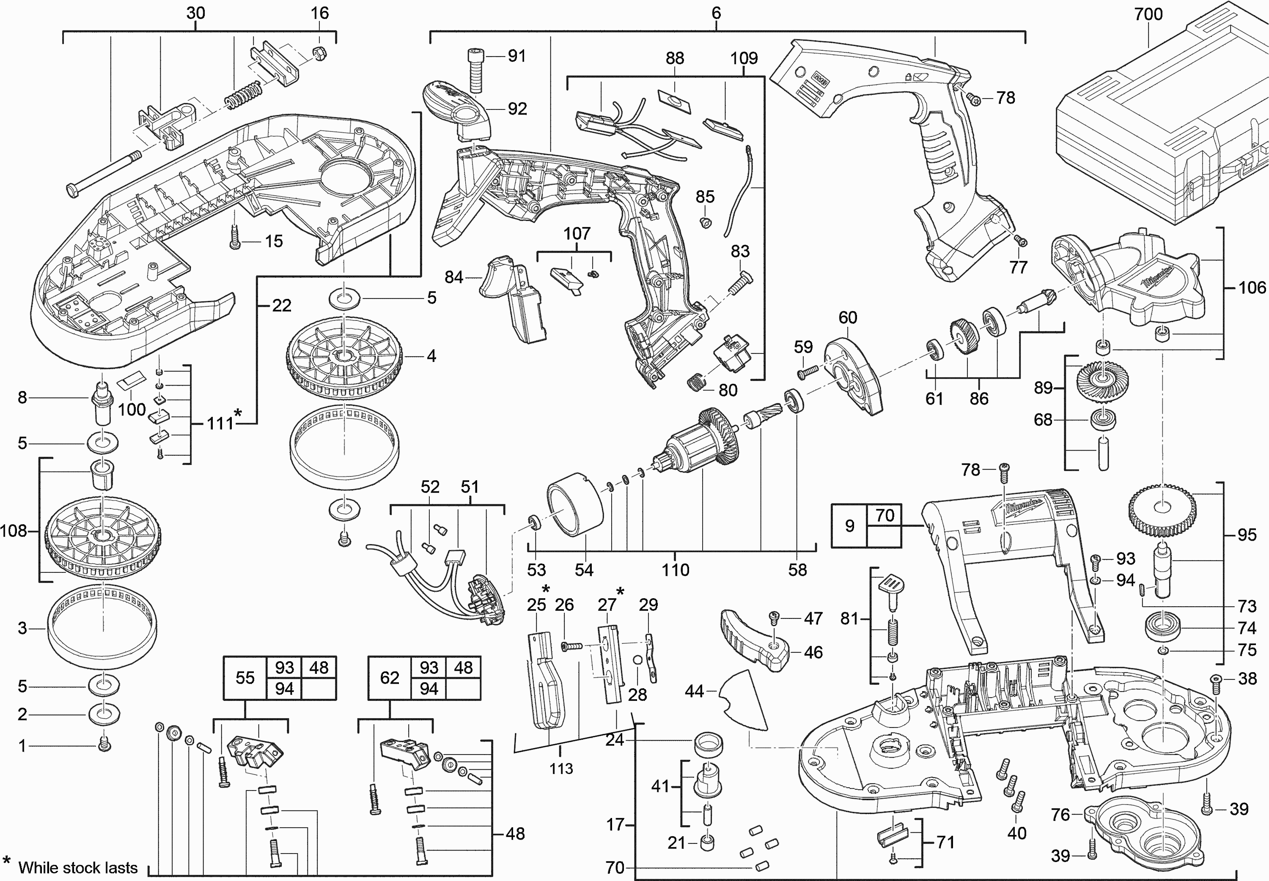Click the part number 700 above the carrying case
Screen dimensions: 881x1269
tap(1148, 14)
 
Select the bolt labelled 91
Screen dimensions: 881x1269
tap(475, 70)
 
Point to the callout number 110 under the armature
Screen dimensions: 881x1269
tap(676, 570)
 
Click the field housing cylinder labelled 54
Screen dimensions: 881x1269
tap(574, 504)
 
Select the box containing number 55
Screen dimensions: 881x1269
tap(244, 678)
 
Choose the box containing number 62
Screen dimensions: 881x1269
tap(389, 678)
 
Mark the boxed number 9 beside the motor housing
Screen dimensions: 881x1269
tap(849, 526)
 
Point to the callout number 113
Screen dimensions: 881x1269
tap(561, 769)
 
